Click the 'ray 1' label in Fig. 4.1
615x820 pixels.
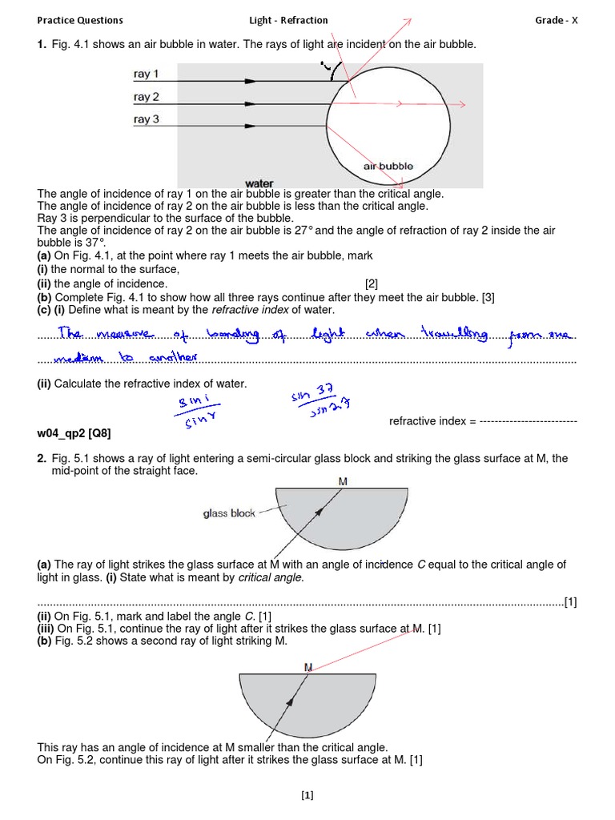pyautogui.click(x=147, y=74)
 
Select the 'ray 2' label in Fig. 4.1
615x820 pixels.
pyautogui.click(x=147, y=97)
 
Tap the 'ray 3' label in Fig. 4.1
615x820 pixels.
pyautogui.click(x=147, y=119)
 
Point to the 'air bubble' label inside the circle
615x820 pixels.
pyautogui.click(x=388, y=167)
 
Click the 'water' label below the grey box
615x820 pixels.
pyautogui.click(x=259, y=184)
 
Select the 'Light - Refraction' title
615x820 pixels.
pyautogui.click(x=289, y=20)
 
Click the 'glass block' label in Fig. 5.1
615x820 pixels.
pyautogui.click(x=229, y=513)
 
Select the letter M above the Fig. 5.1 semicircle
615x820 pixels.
pyautogui.click(x=343, y=482)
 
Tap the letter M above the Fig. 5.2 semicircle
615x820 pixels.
pyautogui.click(x=308, y=666)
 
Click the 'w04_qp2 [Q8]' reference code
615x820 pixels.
pyautogui.click(x=74, y=433)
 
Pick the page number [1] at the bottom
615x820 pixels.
pyautogui.click(x=307, y=795)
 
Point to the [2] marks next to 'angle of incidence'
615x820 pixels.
pyautogui.click(x=371, y=283)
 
